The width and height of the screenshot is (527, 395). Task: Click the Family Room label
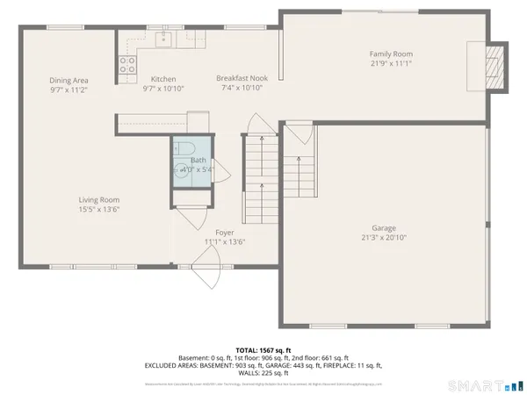[391, 54]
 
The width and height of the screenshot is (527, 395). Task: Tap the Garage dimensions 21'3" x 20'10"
[383, 237]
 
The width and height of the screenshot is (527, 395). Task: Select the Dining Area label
[69, 80]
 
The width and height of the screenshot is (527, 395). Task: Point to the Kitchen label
[163, 79]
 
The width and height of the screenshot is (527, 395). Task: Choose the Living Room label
[98, 200]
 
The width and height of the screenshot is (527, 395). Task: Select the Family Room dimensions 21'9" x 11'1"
[391, 64]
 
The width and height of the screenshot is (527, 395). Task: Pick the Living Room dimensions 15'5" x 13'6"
[98, 210]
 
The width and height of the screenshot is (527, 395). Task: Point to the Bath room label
[199, 161]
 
